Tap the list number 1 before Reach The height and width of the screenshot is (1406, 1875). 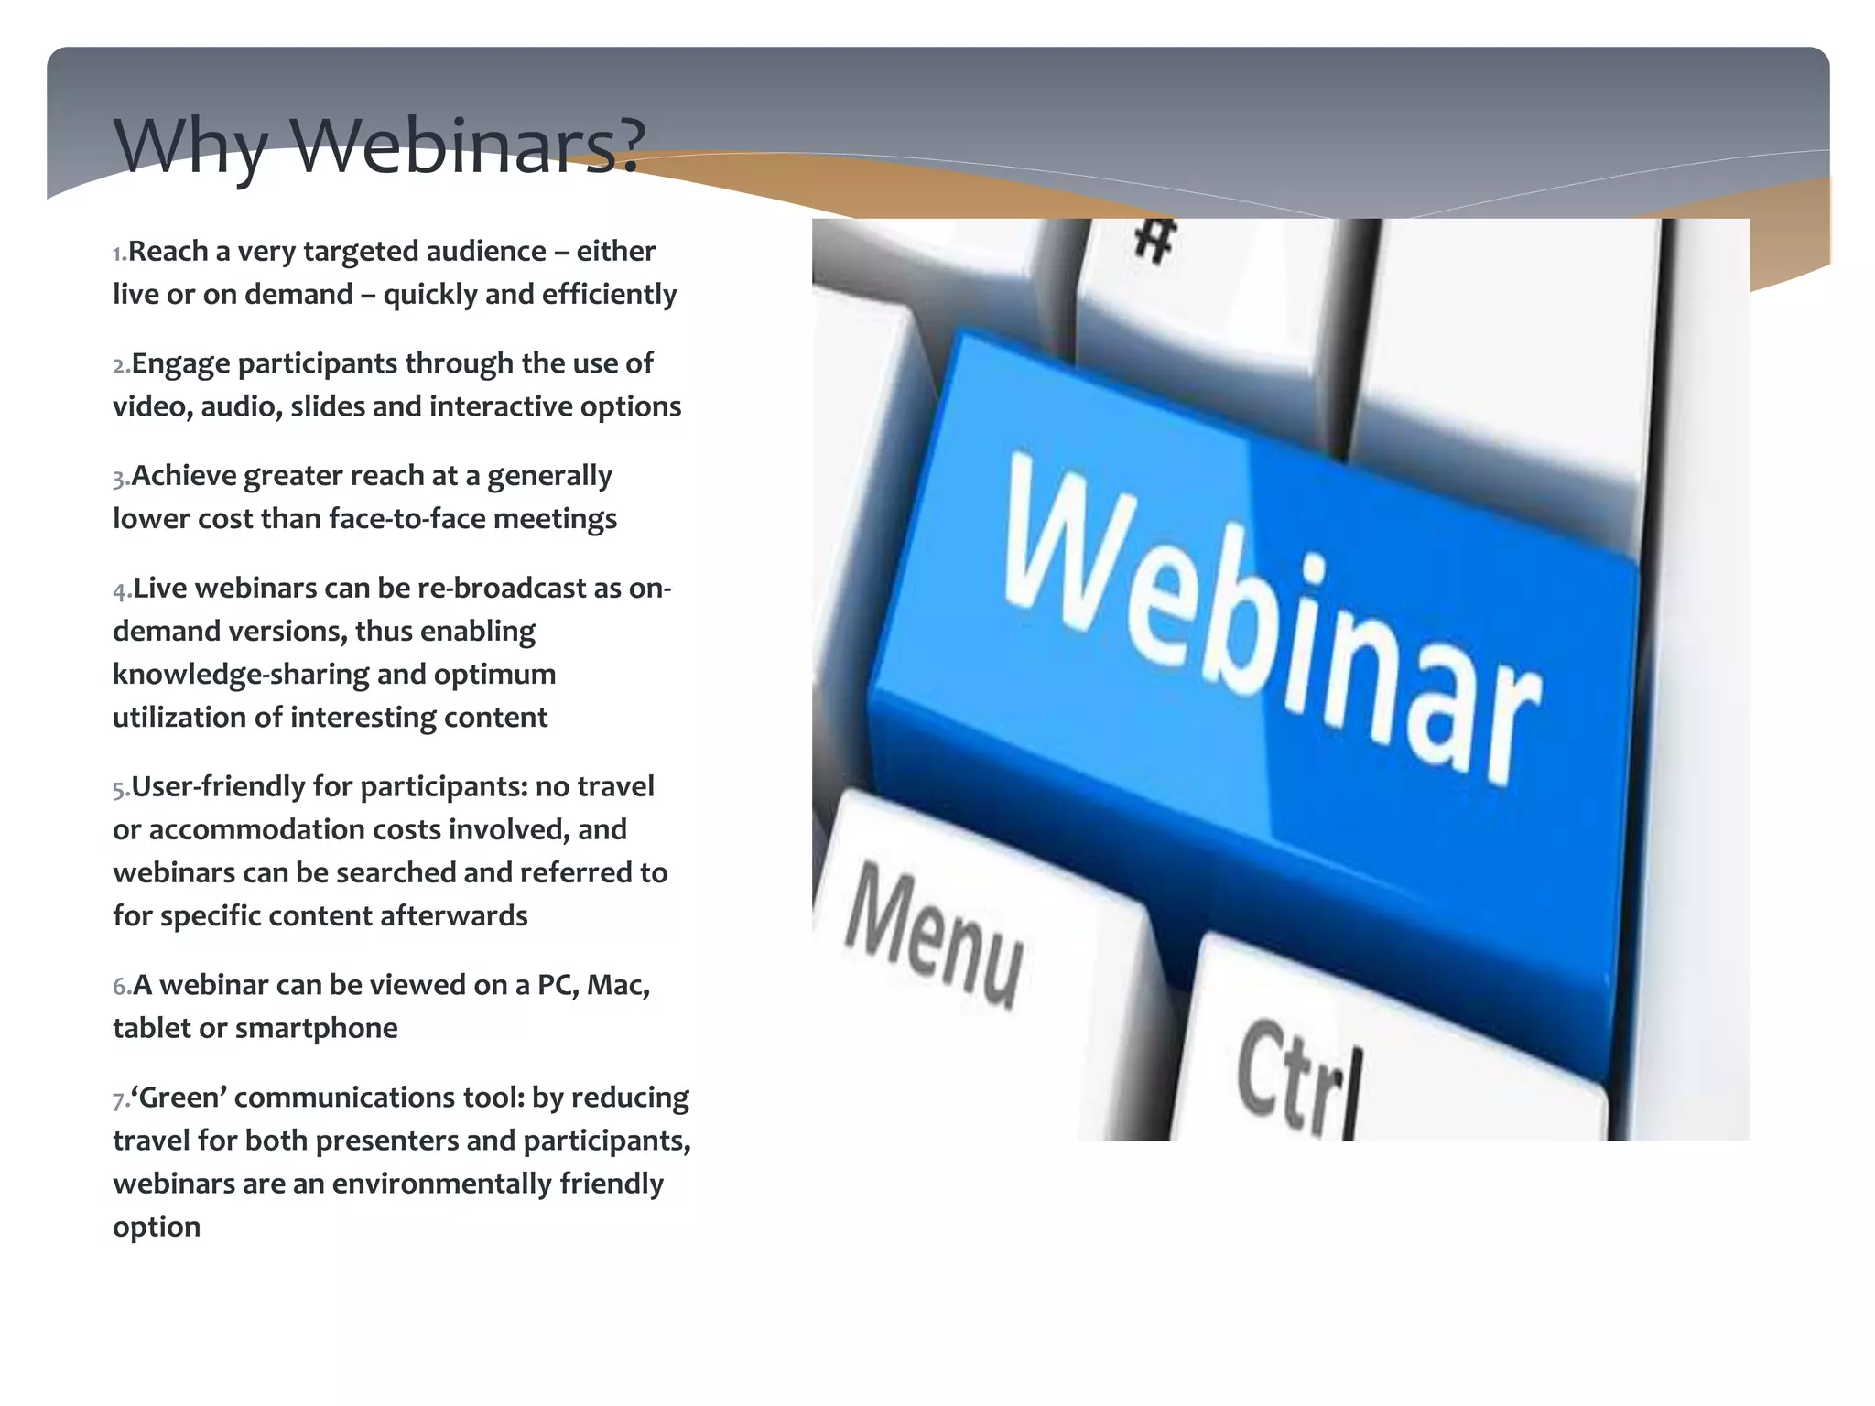click(118, 254)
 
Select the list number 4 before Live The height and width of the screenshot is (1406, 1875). click(121, 590)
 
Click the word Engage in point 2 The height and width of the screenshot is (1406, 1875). click(180, 364)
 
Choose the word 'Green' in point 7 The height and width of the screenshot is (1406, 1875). click(179, 1098)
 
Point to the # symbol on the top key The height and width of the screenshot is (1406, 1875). click(1154, 240)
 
